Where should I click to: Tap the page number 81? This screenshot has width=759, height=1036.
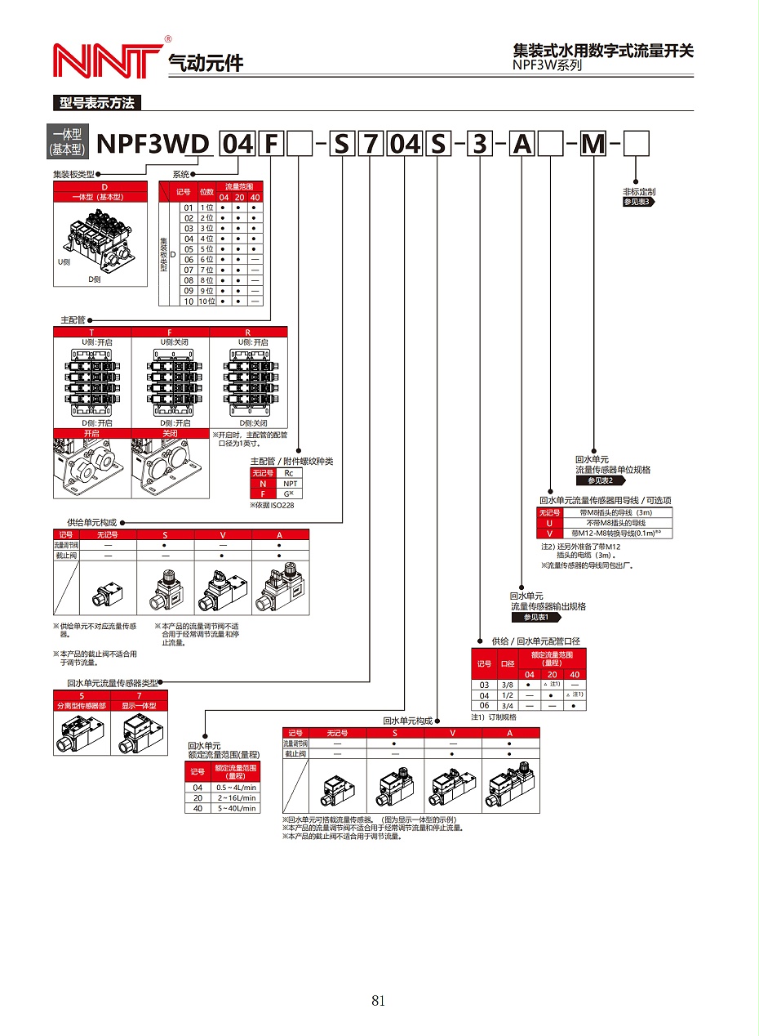[x=378, y=1000]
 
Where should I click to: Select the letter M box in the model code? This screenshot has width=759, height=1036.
[x=593, y=144]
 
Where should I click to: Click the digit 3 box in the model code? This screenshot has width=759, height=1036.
[x=480, y=144]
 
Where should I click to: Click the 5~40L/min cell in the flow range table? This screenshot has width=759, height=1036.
[x=236, y=808]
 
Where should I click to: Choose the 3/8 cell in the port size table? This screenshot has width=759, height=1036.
[x=507, y=684]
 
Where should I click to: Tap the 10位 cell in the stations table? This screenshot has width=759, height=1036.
[x=206, y=301]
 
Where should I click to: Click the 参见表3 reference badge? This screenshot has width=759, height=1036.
[x=638, y=201]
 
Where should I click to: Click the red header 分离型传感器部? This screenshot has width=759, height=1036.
[x=81, y=705]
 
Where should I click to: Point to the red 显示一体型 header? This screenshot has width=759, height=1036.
[x=139, y=705]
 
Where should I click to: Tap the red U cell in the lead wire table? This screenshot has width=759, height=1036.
[x=549, y=522]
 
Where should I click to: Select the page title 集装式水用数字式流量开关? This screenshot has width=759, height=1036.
[x=603, y=51]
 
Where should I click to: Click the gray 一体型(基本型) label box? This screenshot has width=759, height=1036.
[x=68, y=142]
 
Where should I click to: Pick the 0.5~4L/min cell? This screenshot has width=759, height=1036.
[x=236, y=787]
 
